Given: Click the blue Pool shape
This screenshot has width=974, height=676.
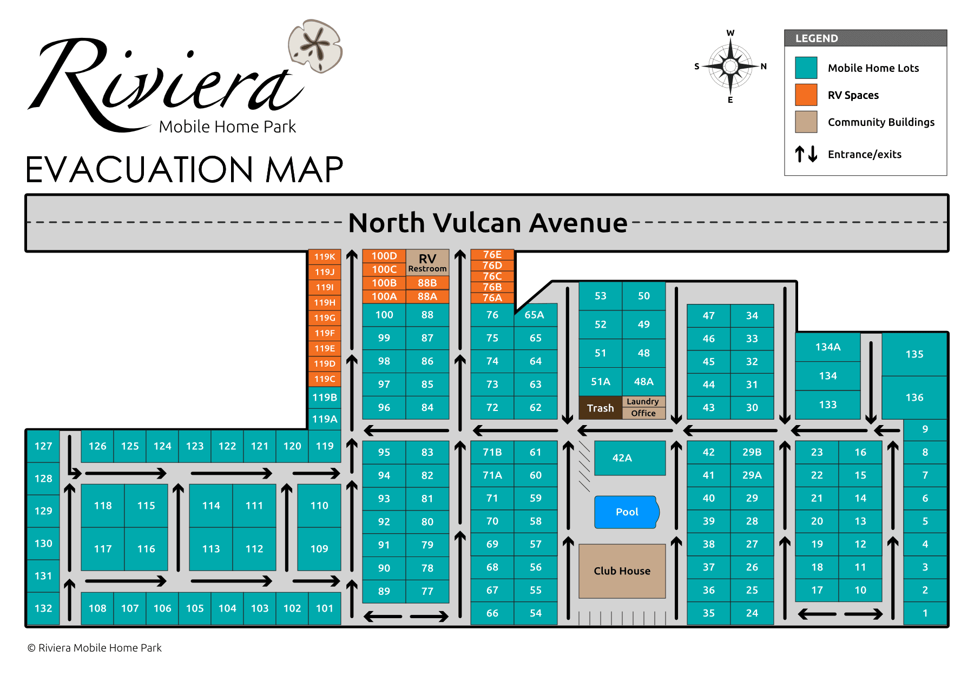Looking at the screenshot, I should pyautogui.click(x=627, y=512).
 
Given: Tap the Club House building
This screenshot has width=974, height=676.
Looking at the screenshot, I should pyautogui.click(x=622, y=571).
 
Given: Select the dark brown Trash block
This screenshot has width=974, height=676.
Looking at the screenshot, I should pyautogui.click(x=600, y=408).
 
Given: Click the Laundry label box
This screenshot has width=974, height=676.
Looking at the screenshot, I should pyautogui.click(x=643, y=401).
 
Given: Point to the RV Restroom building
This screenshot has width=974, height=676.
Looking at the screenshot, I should pyautogui.click(x=427, y=262).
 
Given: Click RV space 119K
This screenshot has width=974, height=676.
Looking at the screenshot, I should pyautogui.click(x=325, y=257).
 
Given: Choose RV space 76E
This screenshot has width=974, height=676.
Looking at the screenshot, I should pyautogui.click(x=492, y=254).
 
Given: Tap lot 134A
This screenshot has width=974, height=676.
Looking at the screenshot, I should pyautogui.click(x=827, y=347).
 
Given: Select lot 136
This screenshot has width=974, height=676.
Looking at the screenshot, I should pyautogui.click(x=914, y=397).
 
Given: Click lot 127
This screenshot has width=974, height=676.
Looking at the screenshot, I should pyautogui.click(x=43, y=446).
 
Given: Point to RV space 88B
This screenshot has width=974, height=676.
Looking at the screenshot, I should pyautogui.click(x=427, y=283).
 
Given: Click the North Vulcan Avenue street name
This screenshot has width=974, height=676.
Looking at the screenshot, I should pyautogui.click(x=487, y=223).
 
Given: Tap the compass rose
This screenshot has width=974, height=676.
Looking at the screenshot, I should pyautogui.click(x=730, y=67).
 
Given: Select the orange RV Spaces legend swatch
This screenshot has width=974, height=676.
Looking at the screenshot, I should pyautogui.click(x=806, y=95).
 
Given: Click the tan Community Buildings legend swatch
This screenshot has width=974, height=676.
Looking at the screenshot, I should pyautogui.click(x=806, y=122).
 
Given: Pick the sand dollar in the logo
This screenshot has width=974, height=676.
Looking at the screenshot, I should pyautogui.click(x=315, y=46).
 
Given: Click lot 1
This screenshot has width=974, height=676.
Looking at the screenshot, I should pyautogui.click(x=925, y=613).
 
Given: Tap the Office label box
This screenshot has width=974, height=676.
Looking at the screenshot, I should pyautogui.click(x=643, y=413).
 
